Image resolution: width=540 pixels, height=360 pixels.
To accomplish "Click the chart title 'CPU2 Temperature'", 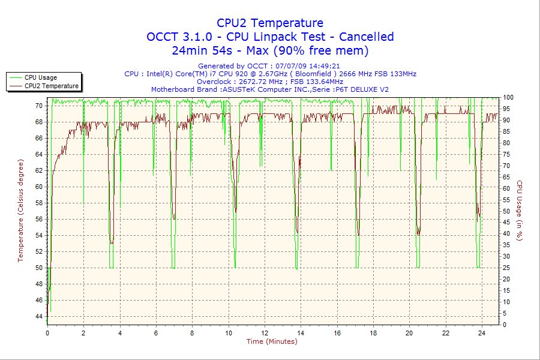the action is pos(270,23).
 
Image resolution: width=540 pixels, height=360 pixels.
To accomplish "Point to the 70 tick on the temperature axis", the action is pos(39,106).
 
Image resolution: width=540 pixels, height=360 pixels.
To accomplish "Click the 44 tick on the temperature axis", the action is pos(39,316).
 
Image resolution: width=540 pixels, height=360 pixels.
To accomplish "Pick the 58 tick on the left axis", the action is pos(39,203).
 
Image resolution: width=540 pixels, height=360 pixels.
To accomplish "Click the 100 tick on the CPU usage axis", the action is pos(508,97).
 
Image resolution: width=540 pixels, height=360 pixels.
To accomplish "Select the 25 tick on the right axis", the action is pos(506,268).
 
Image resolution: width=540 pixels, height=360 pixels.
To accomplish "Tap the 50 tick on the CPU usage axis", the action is pos(506,211).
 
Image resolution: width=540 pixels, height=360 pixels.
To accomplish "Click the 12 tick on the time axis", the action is pos(265,333).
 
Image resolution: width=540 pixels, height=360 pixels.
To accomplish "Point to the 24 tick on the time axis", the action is pos(481,333).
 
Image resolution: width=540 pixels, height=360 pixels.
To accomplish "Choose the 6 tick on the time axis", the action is pos(156,333).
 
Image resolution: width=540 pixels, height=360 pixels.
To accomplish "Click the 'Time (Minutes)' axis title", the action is pos(272,341).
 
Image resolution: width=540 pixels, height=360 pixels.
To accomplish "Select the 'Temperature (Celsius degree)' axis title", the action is pos(20,211).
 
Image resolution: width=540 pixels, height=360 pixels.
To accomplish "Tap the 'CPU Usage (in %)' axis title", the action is pos(520,211).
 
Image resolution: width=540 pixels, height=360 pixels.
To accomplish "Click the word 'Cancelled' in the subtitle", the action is pos(367,37).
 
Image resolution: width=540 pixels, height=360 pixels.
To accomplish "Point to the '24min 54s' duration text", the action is pos(202,50).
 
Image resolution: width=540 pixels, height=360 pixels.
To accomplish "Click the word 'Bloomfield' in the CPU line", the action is pos(313,74).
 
